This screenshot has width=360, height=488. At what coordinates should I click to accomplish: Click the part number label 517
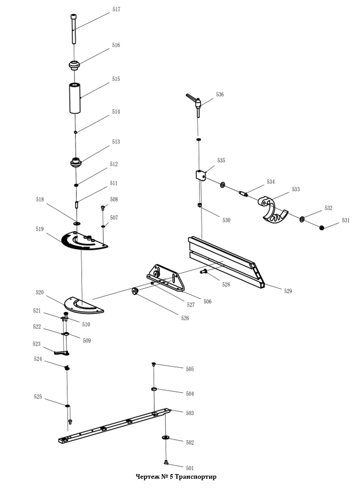click(x=116, y=10)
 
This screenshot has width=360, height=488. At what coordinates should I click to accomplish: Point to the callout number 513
click(x=116, y=142)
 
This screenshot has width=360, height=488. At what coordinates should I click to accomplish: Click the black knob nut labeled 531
click(x=321, y=228)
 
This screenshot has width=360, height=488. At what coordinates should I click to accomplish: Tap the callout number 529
click(x=288, y=291)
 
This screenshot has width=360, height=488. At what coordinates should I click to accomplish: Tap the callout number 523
click(x=37, y=344)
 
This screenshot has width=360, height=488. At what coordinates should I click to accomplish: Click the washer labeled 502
click(x=166, y=438)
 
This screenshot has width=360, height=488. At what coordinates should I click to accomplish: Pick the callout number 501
click(x=190, y=468)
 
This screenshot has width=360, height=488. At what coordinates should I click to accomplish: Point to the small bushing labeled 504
click(x=154, y=390)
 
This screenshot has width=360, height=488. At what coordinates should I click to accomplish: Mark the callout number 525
click(x=38, y=397)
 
